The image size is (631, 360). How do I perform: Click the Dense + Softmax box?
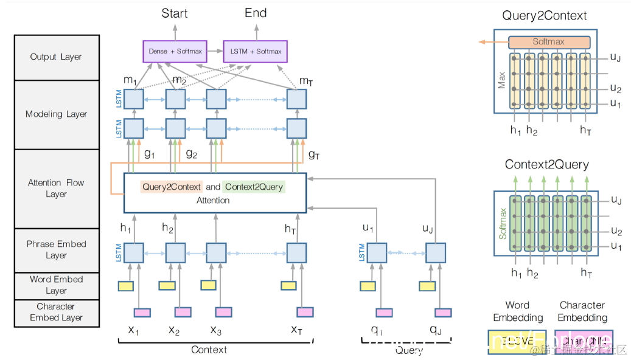[176, 51]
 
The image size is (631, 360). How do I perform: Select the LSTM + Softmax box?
[256, 51]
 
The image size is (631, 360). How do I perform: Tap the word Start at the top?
[175, 13]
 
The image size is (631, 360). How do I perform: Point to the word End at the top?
[256, 13]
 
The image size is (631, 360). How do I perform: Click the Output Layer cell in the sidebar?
[56, 57]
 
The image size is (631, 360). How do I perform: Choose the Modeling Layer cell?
[56, 114]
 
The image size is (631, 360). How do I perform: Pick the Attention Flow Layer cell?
[56, 188]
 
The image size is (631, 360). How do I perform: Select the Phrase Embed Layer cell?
[56, 249]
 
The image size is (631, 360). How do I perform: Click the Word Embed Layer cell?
[56, 285]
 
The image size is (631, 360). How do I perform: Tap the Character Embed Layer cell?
[56, 312]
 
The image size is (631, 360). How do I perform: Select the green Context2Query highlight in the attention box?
[253, 187]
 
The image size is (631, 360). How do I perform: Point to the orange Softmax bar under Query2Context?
[549, 42]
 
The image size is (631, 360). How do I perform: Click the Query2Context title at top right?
[546, 16]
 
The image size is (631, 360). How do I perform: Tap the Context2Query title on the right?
[546, 165]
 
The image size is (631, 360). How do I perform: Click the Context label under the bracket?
[209, 350]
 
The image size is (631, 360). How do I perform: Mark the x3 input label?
[215, 330]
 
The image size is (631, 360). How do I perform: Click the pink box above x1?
[142, 313]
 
